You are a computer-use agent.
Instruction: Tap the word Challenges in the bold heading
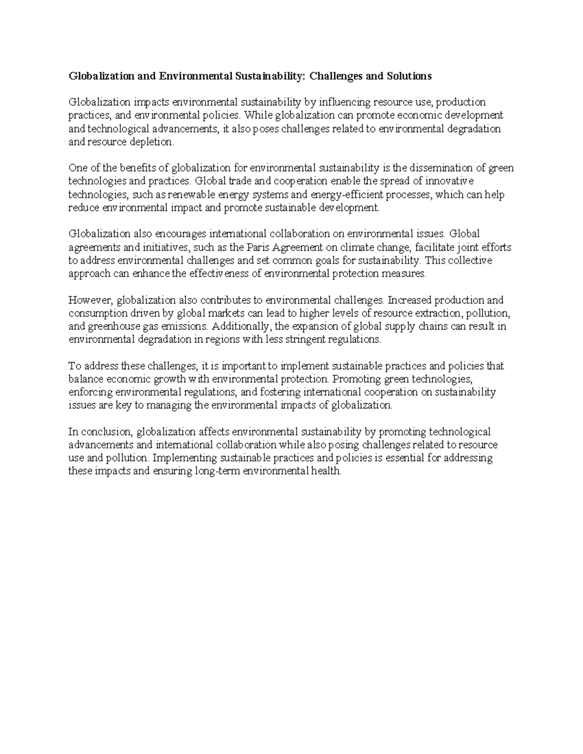pos(337,76)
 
